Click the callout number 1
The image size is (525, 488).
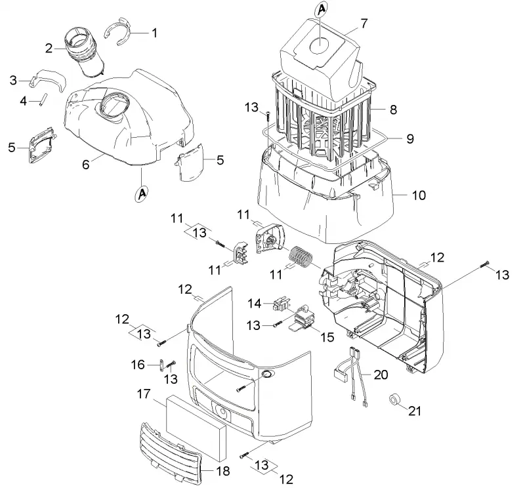pyautogui.click(x=154, y=33)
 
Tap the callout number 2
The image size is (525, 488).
pyautogui.click(x=49, y=49)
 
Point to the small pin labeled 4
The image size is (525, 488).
pyautogui.click(x=43, y=100)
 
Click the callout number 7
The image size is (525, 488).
pyautogui.click(x=364, y=24)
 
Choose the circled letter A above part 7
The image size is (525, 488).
pyautogui.click(x=321, y=9)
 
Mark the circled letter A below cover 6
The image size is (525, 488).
pyautogui.click(x=142, y=194)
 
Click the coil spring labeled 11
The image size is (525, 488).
pyautogui.click(x=301, y=257)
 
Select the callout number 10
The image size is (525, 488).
pyautogui.click(x=419, y=195)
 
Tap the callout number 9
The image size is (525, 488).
pyautogui.click(x=409, y=138)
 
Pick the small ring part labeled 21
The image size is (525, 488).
pyautogui.click(x=395, y=399)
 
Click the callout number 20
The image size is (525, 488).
pyautogui.click(x=381, y=375)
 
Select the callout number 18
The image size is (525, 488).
pyautogui.click(x=222, y=471)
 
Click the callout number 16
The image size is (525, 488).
pyautogui.click(x=138, y=365)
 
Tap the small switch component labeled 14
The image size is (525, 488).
pyautogui.click(x=281, y=304)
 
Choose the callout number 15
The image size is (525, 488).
pyautogui.click(x=327, y=337)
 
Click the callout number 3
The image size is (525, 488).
pyautogui.click(x=13, y=80)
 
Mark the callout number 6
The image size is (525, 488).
pyautogui.click(x=86, y=165)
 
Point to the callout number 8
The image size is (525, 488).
pyautogui.click(x=393, y=110)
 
